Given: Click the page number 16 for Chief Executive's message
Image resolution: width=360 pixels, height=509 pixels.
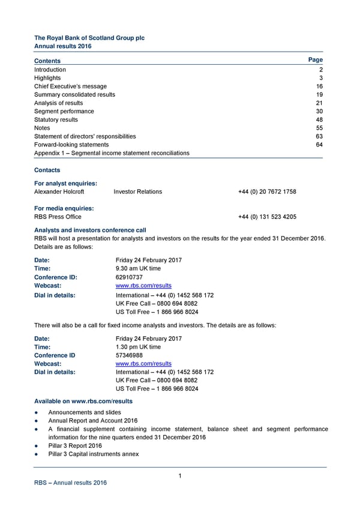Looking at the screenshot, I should [319, 86].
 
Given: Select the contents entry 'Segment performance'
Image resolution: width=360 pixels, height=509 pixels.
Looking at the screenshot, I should [64, 112].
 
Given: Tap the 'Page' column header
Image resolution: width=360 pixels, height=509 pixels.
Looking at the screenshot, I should [315, 60].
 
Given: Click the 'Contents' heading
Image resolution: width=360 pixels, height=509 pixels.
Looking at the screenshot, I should [47, 61].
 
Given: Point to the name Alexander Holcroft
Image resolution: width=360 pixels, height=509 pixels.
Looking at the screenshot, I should [59, 192].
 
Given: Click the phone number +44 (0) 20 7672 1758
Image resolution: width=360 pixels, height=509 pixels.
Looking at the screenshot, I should [267, 192].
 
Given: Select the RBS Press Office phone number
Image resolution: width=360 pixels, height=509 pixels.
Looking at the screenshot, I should [267, 217].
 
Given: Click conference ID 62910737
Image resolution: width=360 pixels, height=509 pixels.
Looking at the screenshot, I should [129, 278].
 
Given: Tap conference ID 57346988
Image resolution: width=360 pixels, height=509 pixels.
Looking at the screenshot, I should [129, 355].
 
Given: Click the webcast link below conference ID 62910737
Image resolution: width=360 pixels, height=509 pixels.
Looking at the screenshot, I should [143, 286].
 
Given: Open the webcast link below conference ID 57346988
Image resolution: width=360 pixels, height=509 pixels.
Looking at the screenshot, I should [143, 364].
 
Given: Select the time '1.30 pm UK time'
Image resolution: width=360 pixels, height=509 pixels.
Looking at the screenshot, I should [138, 347].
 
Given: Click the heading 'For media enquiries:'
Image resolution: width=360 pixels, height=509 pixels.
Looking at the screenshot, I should [64, 209].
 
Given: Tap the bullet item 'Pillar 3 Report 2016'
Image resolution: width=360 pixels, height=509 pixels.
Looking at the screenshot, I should [75, 446].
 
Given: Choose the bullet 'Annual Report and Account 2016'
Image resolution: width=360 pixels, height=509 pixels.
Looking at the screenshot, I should [93, 421].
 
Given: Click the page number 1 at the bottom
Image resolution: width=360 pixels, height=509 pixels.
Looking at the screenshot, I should [180, 477].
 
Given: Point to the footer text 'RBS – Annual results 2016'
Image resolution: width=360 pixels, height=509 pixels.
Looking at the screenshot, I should [70, 483].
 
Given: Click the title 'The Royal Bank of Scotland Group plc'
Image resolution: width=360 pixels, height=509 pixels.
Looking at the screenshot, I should [89, 38].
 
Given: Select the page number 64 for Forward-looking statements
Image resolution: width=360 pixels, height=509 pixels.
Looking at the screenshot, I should [319, 145].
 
